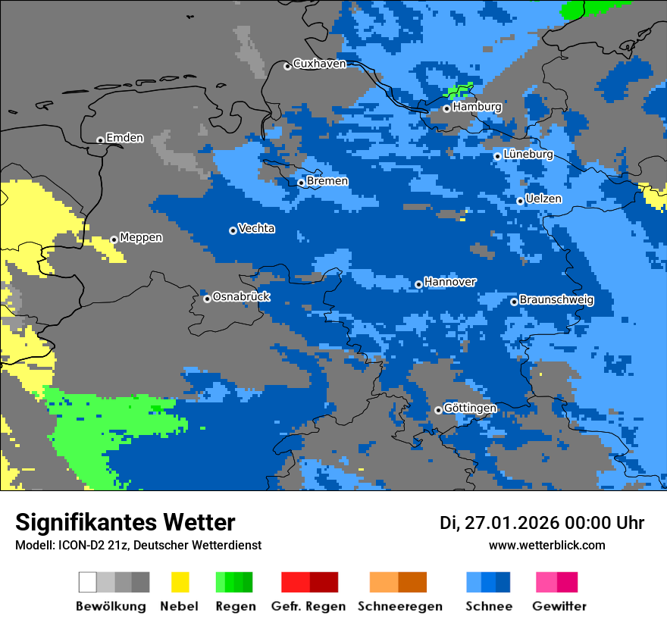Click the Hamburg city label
coord(477,107)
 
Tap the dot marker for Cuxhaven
coord(287,66)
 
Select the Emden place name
coord(124,138)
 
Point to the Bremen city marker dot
coord(301,183)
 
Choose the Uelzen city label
coord(543,199)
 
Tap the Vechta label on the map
coord(256,229)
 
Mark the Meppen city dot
coord(114,239)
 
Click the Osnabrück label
coord(241,297)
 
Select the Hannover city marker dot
coord(418,284)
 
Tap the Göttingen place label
coord(470,408)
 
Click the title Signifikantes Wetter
coord(125,522)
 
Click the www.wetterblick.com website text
coord(546,545)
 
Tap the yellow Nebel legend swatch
coord(180,582)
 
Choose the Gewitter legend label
coord(559,606)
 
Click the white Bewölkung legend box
coord(88,582)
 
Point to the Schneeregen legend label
coord(399,606)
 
